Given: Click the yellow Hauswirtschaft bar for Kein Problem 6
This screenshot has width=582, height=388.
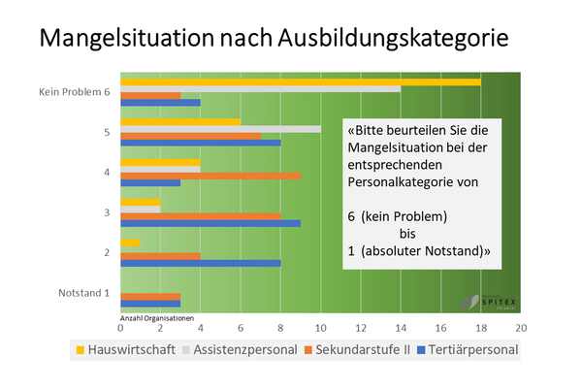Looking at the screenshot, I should [x=301, y=81].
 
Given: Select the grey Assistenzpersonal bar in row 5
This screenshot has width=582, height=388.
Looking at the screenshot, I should [x=220, y=128].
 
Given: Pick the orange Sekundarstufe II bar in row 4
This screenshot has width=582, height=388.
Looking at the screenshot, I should [x=210, y=176].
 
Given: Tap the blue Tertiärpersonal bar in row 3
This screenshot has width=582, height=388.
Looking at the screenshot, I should [x=210, y=223].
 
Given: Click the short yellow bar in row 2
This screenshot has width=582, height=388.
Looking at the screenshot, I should [x=130, y=242].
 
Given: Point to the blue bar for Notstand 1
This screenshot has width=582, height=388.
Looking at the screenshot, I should [x=150, y=304].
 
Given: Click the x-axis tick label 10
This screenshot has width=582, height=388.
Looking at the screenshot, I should [x=320, y=329].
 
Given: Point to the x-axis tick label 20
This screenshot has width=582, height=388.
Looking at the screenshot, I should [x=520, y=329].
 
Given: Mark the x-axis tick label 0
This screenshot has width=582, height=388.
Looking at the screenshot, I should [x=120, y=329].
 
